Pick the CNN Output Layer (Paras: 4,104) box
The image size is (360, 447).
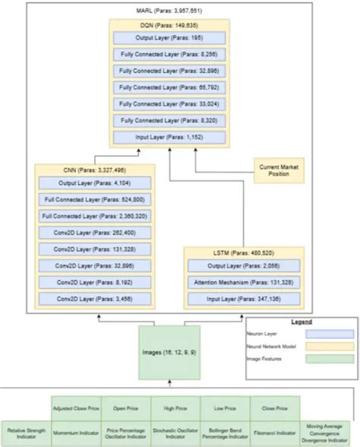[93, 183]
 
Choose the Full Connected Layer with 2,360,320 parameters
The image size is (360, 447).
[93, 215]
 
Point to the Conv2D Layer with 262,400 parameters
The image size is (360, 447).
[93, 232]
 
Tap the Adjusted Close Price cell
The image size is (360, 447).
[76, 408]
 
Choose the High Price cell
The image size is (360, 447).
[175, 408]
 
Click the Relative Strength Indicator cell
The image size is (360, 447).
[25, 433]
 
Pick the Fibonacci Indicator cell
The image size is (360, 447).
[274, 433]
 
